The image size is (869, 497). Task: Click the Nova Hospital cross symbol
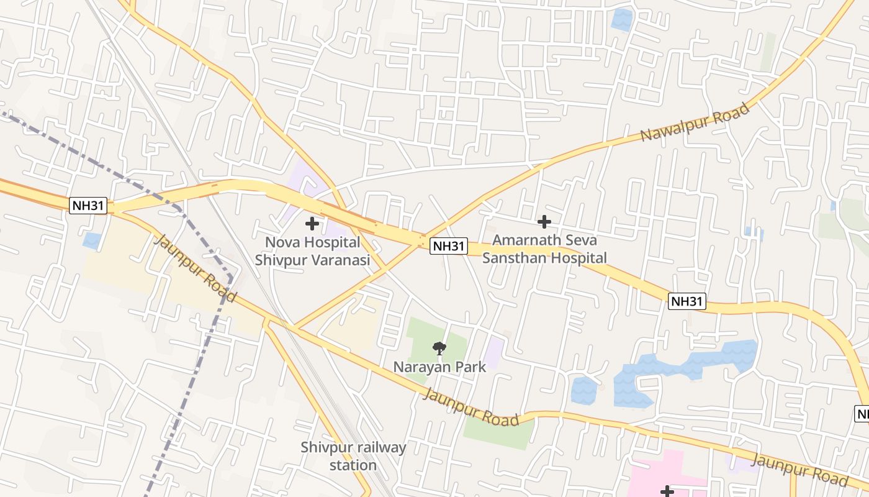312,223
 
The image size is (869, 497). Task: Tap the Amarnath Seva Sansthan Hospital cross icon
544,221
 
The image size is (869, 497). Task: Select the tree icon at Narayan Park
439,349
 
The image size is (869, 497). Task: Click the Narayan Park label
439,367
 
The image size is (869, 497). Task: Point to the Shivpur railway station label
353,456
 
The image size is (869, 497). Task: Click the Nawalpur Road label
695,122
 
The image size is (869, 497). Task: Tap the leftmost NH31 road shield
88,206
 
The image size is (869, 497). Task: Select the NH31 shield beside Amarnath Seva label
449,246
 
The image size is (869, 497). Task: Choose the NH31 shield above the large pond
688,302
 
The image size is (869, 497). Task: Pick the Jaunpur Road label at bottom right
799,470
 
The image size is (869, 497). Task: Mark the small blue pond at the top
621,19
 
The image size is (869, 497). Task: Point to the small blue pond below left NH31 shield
92,240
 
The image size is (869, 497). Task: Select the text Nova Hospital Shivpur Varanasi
312,251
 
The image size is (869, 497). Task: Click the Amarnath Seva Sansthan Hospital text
544,249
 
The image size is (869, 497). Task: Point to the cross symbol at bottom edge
667,491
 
